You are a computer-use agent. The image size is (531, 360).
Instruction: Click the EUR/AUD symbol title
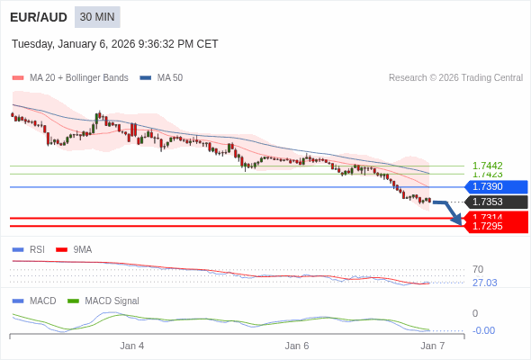coord(38,17)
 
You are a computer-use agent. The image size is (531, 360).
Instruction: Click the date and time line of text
coord(115,44)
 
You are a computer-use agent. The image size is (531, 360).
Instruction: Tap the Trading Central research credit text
coord(455,77)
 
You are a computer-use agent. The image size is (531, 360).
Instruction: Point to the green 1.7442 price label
coord(487,166)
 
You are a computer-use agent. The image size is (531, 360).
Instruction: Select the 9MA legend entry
coord(82,249)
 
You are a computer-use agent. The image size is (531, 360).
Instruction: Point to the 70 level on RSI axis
coord(478,269)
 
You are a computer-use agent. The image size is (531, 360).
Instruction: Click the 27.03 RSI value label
coord(484,283)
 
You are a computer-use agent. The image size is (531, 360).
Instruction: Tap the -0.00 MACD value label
coord(484,330)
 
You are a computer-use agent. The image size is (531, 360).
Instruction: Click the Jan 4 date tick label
coord(132,346)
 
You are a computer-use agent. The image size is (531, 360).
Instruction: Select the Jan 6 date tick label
coord(297,346)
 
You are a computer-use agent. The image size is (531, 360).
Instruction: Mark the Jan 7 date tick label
coord(433,346)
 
